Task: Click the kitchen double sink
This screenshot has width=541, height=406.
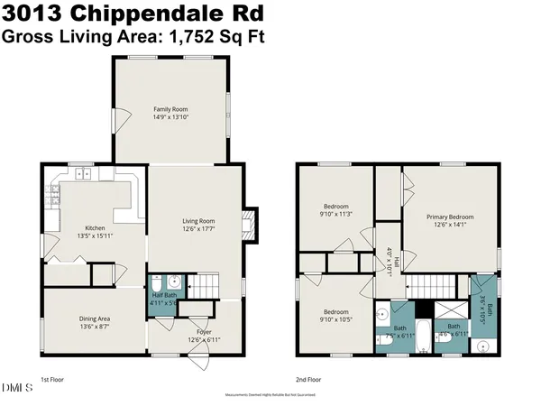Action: [x=84, y=173]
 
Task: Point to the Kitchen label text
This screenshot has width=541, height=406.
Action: [x=96, y=227]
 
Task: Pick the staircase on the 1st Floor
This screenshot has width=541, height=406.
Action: [x=208, y=282]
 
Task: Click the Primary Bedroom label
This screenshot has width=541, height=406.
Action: [x=450, y=217]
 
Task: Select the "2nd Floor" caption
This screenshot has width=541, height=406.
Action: [x=308, y=380]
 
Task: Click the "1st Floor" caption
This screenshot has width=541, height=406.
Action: [x=52, y=380]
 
